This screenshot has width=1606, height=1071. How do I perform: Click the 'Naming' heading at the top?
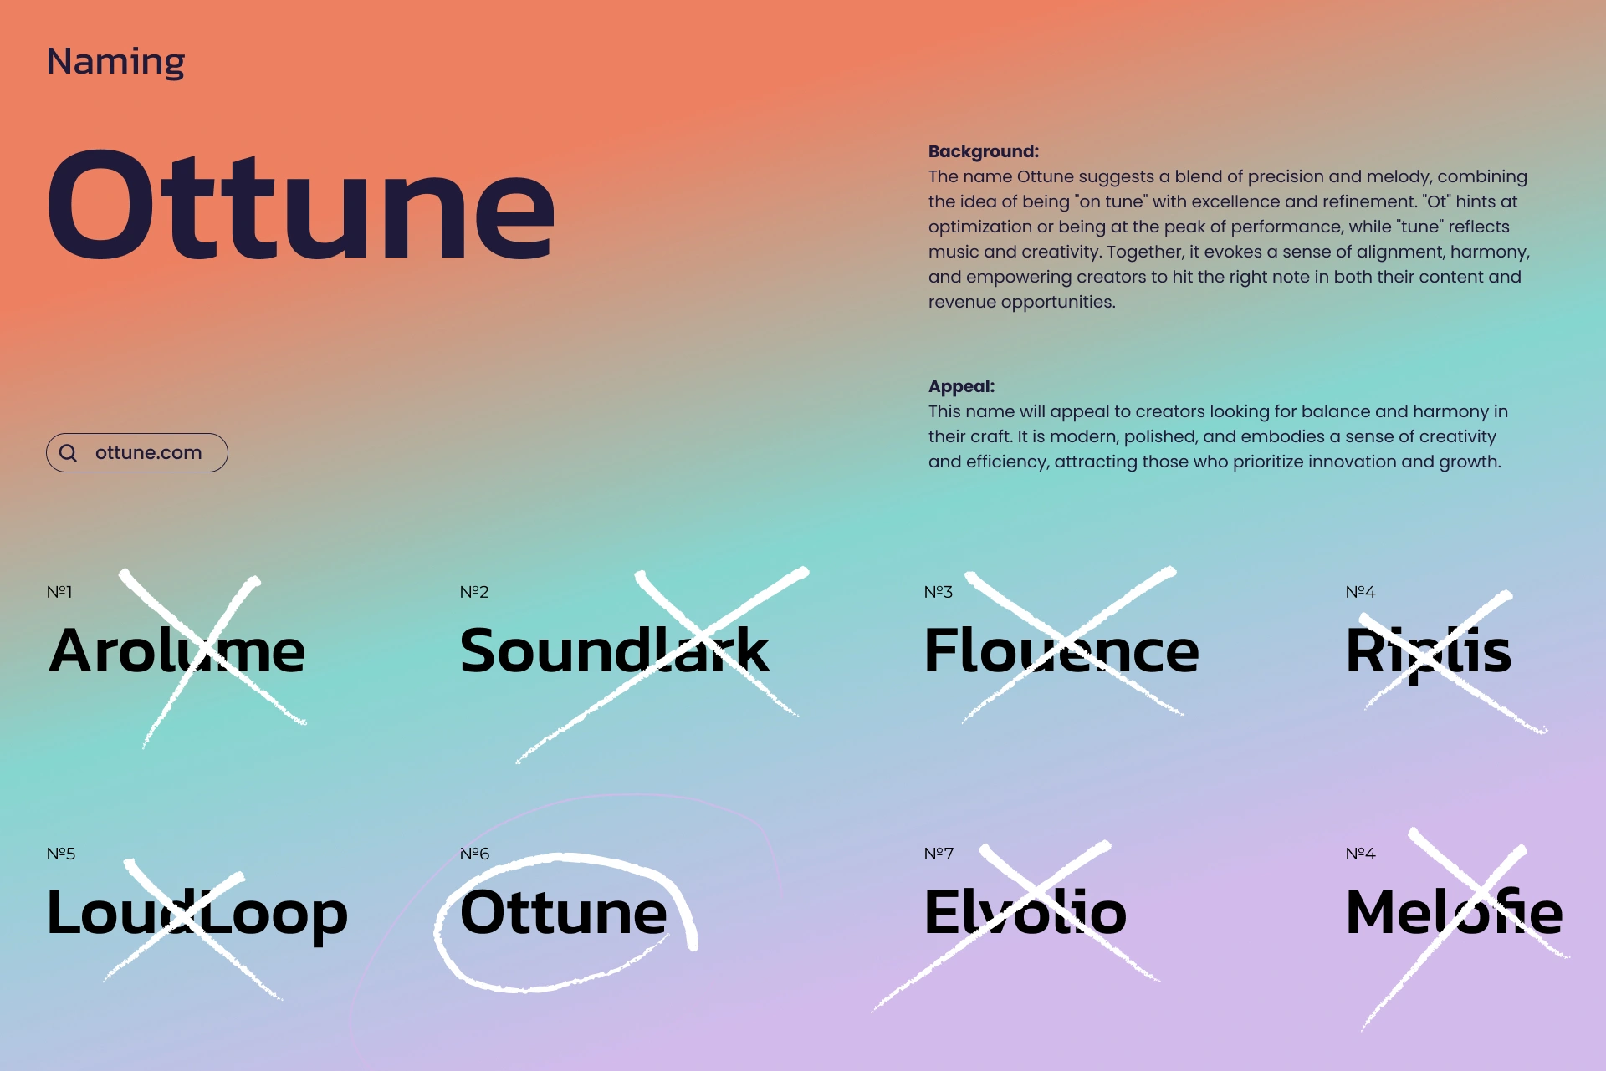click(115, 62)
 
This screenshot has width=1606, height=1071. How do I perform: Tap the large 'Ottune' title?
click(301, 205)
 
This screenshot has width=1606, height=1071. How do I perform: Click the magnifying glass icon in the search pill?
click(69, 453)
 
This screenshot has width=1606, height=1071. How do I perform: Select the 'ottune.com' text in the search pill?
click(149, 452)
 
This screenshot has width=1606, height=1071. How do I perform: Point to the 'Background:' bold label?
click(984, 151)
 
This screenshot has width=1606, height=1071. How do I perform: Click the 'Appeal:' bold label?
click(962, 386)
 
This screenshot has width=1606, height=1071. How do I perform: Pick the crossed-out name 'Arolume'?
click(177, 650)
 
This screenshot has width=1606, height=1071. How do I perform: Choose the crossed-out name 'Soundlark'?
click(615, 650)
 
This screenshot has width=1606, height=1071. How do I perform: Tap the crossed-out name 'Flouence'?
click(1061, 650)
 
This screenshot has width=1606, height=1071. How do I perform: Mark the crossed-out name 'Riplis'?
click(1429, 652)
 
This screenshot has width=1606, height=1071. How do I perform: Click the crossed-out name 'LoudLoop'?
click(197, 913)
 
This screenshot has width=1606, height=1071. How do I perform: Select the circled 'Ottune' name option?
click(564, 912)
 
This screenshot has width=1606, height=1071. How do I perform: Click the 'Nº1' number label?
click(59, 592)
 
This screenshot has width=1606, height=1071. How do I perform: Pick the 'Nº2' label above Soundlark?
click(474, 592)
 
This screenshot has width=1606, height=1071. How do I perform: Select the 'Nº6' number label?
click(474, 854)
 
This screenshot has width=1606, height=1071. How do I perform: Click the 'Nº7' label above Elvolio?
click(939, 854)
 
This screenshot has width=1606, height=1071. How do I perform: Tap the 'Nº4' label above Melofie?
click(1360, 854)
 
